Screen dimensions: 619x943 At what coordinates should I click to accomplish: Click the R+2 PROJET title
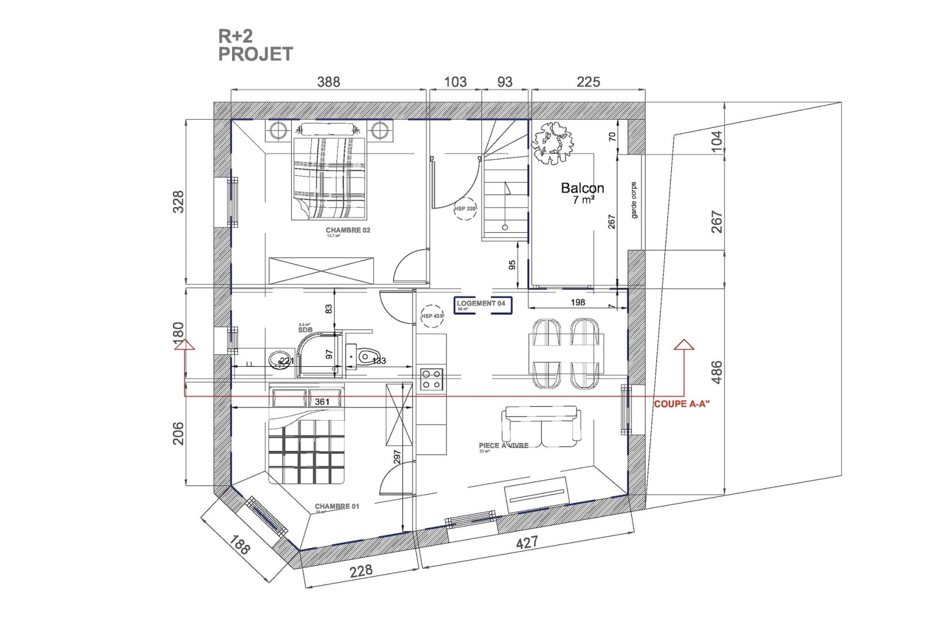click(x=255, y=45)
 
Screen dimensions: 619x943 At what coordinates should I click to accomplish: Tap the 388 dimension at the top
click(x=328, y=82)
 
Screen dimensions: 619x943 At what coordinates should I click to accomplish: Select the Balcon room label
click(x=582, y=189)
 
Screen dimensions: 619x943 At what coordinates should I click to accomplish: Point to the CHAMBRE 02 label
click(x=348, y=230)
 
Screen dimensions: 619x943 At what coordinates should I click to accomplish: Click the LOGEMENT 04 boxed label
click(x=482, y=304)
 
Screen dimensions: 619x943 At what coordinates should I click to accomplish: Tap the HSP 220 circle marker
click(x=465, y=209)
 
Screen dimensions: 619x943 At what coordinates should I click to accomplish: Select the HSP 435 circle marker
click(x=432, y=316)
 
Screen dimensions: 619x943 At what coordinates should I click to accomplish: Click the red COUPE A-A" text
click(x=682, y=404)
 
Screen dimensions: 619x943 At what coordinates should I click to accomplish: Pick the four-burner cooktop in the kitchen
click(x=432, y=379)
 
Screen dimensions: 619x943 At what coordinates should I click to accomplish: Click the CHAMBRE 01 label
click(x=337, y=507)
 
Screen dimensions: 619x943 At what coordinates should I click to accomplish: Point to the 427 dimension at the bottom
click(x=527, y=542)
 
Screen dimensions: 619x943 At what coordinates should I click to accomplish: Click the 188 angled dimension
click(x=240, y=544)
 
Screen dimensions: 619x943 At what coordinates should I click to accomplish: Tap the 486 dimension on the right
click(x=717, y=372)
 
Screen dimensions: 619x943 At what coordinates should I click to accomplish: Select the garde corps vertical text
click(x=633, y=200)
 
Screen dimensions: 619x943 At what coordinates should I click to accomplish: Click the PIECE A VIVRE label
click(x=504, y=446)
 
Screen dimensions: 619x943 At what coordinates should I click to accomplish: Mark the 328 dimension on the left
click(x=179, y=202)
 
